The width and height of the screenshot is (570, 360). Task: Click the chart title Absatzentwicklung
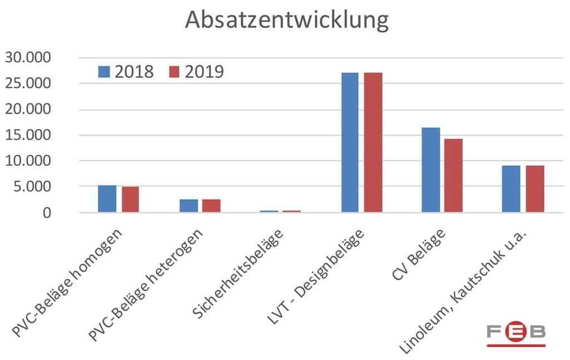coord(286,20)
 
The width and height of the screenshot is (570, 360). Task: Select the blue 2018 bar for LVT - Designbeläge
coord(351,142)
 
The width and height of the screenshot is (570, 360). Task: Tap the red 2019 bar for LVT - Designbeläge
coord(373,142)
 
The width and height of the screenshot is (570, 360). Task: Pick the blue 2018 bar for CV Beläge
coord(431,170)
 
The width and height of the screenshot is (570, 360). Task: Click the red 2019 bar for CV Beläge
coord(453,175)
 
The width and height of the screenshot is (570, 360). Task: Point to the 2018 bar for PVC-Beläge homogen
coord(107,199)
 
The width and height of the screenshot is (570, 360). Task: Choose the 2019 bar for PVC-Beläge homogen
coord(130,199)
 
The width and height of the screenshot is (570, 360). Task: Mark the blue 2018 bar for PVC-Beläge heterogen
coord(189,205)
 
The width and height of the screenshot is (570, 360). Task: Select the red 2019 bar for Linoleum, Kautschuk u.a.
coord(535,189)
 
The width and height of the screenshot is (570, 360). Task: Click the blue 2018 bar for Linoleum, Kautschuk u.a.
coord(511,189)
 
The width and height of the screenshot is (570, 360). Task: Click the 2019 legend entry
coord(196,72)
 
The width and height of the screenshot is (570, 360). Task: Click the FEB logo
coord(516,333)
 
